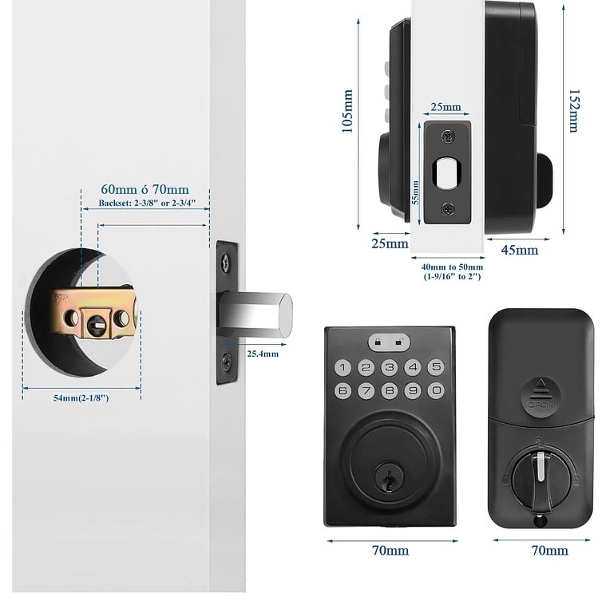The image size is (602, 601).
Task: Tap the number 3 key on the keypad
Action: [390, 367]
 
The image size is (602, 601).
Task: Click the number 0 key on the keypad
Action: [436, 390]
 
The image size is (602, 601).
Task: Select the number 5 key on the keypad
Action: [436, 367]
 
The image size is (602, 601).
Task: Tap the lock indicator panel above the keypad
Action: [389, 342]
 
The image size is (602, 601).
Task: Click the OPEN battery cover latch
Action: [541, 397]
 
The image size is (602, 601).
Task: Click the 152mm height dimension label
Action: [573, 111]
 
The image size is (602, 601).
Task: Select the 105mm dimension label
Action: [347, 111]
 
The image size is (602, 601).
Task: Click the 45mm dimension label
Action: [520, 251]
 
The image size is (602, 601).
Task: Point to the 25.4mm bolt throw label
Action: [263, 354]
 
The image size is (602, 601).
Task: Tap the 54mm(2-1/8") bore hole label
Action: [81, 398]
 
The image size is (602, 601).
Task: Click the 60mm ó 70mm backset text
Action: [145, 189]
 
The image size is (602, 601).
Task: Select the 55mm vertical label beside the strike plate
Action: [415, 192]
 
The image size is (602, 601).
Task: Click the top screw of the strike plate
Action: [448, 136]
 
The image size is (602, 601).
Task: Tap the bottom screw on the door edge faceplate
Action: [227, 361]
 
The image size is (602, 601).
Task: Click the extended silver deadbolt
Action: [255, 314]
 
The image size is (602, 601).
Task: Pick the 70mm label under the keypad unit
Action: [390, 551]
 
